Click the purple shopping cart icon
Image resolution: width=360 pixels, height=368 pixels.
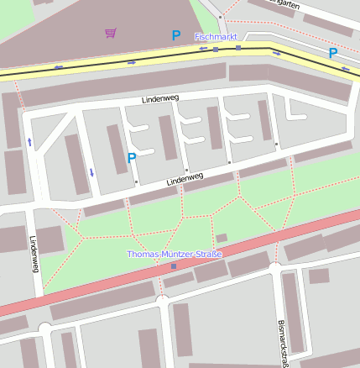pyautogui.click(x=111, y=33)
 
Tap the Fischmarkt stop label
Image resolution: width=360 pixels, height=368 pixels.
pyautogui.click(x=216, y=37)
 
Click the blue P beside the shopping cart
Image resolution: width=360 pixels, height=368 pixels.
pyautogui.click(x=175, y=35)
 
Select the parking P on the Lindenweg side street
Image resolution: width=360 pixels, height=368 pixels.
pyautogui.click(x=132, y=157)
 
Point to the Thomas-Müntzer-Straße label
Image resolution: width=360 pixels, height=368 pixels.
pyautogui.click(x=173, y=254)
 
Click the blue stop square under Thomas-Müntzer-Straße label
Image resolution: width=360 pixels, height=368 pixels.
pyautogui.click(x=174, y=266)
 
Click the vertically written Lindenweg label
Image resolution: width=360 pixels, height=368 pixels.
pyautogui.click(x=34, y=253)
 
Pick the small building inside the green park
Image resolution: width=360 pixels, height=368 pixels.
pyautogui.click(x=222, y=238)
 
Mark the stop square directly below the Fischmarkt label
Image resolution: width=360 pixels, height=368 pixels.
pyautogui.click(x=216, y=50)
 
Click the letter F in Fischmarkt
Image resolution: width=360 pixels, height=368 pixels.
pyautogui.click(x=197, y=37)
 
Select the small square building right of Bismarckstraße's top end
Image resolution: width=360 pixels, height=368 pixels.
pyautogui.click(x=319, y=276)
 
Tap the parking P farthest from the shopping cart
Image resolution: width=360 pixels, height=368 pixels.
pyautogui.click(x=333, y=53)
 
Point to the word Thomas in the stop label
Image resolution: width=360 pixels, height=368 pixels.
pyautogui.click(x=142, y=254)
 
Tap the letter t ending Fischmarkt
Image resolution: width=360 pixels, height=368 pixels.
pyautogui.click(x=235, y=37)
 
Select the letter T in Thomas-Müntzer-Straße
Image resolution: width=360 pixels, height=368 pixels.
pyautogui.click(x=129, y=254)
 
